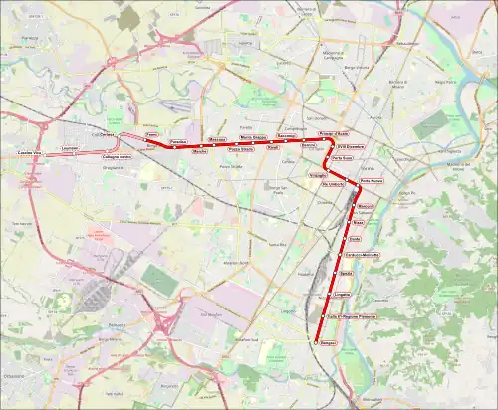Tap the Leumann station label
[70, 148]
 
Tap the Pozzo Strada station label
[241, 149]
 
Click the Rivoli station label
[272, 147]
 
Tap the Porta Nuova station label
[372, 181]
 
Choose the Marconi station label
[365, 206]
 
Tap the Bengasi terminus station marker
[315, 342]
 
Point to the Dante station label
[355, 239]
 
